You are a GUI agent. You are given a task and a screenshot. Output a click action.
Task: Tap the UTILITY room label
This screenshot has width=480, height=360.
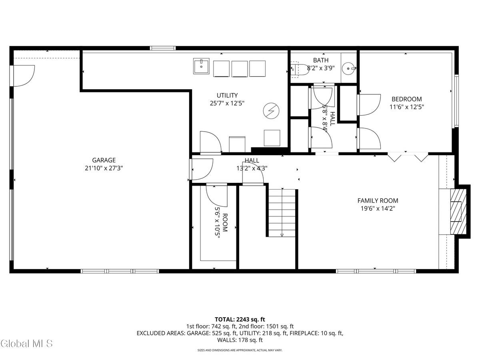[227, 95]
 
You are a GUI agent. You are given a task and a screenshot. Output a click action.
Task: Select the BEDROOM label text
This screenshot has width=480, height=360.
[406, 99]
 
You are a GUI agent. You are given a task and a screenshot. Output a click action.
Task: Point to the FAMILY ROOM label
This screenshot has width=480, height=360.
[378, 201]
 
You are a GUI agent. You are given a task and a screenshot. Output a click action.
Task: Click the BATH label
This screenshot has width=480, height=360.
[321, 60]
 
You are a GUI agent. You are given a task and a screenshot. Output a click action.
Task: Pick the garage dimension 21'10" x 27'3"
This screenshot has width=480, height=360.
[104, 168]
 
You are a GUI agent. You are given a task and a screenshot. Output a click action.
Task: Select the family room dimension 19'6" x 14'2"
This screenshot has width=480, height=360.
[378, 208]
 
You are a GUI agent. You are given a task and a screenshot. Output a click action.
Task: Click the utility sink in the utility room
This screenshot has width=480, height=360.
[201, 66]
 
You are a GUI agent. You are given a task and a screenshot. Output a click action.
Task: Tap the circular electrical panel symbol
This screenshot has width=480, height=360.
[270, 110]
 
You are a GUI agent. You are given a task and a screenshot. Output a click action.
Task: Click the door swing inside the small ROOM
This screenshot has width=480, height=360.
[216, 195]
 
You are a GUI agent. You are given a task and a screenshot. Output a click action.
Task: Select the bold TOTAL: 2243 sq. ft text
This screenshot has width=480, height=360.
[240, 319]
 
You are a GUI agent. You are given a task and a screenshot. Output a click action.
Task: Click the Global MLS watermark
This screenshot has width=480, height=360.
[26, 343]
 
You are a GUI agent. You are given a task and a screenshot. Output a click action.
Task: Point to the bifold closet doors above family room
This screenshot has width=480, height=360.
[408, 156]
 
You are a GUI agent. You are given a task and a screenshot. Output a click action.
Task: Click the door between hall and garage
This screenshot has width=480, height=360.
[201, 169]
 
